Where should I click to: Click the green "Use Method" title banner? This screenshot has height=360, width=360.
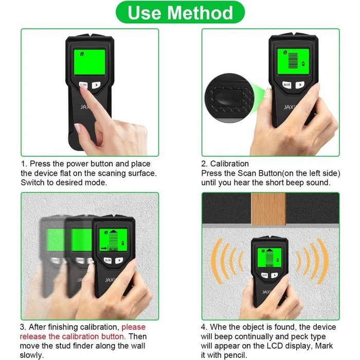pos(179,12)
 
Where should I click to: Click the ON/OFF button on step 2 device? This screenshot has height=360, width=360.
pos(287,85)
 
